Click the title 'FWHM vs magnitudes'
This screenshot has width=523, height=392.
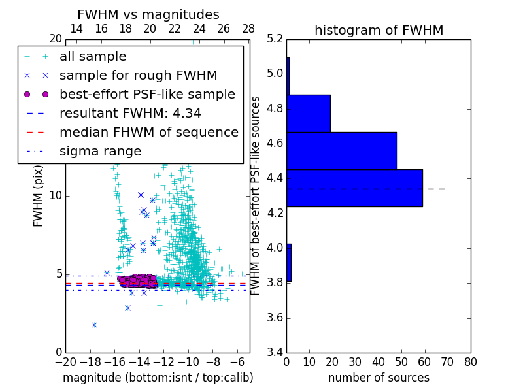tap(148, 14)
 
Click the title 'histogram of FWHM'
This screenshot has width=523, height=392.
tap(379, 30)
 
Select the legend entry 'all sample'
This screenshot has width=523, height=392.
tap(93, 57)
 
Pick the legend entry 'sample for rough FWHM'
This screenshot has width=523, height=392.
tap(138, 76)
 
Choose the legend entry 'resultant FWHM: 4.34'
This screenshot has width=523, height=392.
tap(130, 113)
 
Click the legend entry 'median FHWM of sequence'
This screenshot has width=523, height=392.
tap(148, 132)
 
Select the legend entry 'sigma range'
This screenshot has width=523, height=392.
tap(100, 152)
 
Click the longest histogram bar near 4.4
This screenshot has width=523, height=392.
tap(354, 188)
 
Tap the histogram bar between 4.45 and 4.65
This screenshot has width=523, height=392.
tap(341, 151)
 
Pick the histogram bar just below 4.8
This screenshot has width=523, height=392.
tap(309, 113)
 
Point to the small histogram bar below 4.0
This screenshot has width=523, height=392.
tap(288, 263)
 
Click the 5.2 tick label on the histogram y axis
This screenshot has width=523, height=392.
tap(275, 39)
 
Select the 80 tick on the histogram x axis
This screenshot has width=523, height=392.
tap(469, 361)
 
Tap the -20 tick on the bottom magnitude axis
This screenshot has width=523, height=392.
tap(66, 361)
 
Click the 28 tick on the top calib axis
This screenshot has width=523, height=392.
tap(248, 29)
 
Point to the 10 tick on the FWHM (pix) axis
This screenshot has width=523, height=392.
tap(56, 196)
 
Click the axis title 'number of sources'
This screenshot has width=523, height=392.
tap(379, 378)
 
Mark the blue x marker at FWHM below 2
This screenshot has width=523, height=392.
tap(94, 325)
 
